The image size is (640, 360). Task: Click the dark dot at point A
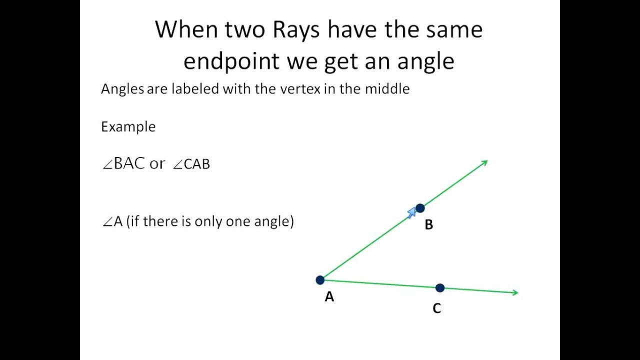point(320,280)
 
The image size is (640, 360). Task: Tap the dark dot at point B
point(420,208)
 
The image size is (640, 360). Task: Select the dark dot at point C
point(439,288)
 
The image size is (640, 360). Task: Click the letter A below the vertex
point(329,297)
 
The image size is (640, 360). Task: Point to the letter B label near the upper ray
point(428,225)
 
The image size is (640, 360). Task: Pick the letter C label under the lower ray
point(436,309)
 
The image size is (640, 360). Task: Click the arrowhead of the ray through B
point(484,162)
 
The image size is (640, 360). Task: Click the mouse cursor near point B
point(411,213)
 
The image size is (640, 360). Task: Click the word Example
point(128,127)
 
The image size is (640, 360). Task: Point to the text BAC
point(129,163)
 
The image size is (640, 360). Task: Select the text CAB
point(197,164)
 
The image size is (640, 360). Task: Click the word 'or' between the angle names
point(157,164)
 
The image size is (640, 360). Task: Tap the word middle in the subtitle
point(387,89)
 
